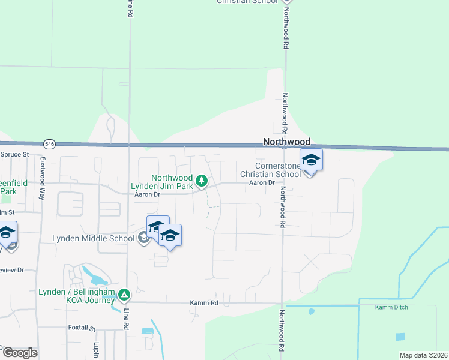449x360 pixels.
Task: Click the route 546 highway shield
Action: pyautogui.click(x=50, y=144)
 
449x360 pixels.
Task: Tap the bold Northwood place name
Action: pyautogui.click(x=287, y=142)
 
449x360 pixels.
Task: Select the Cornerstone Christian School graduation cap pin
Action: pyautogui.click(x=311, y=160)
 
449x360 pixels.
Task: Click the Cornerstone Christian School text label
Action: pyautogui.click(x=277, y=170)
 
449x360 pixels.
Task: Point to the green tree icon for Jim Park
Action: pyautogui.click(x=202, y=180)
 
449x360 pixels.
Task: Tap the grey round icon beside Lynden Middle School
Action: pyautogui.click(x=143, y=239)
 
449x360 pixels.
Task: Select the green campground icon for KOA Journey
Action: pyautogui.click(x=124, y=295)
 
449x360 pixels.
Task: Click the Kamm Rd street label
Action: pyautogui.click(x=203, y=303)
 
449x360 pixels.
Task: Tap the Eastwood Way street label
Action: pyautogui.click(x=42, y=170)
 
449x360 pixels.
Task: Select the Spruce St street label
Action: pyautogui.click(x=14, y=154)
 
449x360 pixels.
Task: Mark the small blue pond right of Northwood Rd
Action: pyautogui.click(x=311, y=311)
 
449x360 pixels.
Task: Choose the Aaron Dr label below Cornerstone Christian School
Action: pyautogui.click(x=262, y=182)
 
